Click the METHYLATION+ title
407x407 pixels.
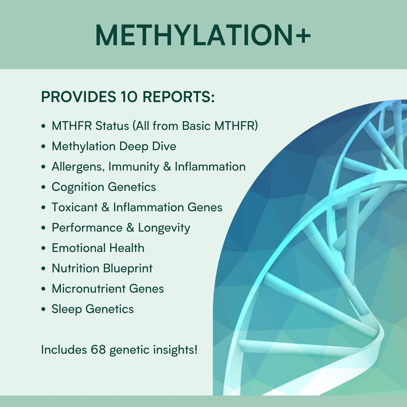(203, 35)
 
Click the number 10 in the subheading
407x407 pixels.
(129, 97)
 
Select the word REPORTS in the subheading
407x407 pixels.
(179, 97)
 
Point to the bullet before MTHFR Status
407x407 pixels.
(44, 126)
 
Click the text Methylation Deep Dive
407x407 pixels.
(114, 146)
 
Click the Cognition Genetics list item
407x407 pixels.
(104, 187)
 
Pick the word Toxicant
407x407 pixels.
(74, 207)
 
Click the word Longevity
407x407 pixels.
(164, 228)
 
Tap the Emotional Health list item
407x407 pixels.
(98, 248)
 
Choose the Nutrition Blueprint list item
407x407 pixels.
(102, 268)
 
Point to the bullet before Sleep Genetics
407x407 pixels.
(44, 309)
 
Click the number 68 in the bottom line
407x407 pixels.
(98, 350)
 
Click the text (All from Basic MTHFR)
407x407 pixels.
(195, 126)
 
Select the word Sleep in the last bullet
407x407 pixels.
(67, 309)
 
